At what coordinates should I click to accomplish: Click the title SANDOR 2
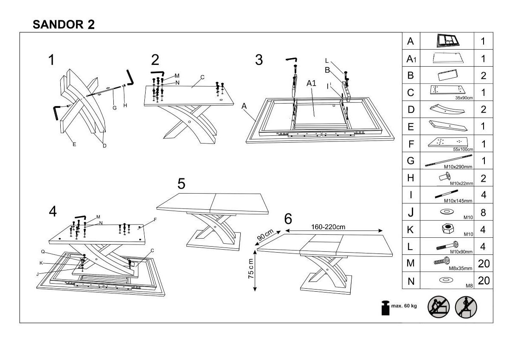tap(64, 24)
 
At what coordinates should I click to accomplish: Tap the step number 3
tap(259, 60)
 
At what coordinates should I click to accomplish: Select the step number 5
tap(181, 184)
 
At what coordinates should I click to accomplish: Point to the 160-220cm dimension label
tap(328, 227)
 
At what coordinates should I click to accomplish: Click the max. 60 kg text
tap(404, 305)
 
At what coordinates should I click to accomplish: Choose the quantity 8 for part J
tap(483, 212)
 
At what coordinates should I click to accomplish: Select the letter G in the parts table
tap(411, 161)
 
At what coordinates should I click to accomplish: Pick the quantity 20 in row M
tap(484, 264)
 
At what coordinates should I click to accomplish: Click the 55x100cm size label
tap(463, 149)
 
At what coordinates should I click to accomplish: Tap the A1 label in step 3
tap(311, 83)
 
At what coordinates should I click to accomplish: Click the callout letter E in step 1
tap(74, 144)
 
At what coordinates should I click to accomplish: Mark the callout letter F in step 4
tap(155, 219)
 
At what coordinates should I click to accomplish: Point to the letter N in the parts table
tap(411, 281)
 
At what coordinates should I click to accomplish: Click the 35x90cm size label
tap(464, 98)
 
